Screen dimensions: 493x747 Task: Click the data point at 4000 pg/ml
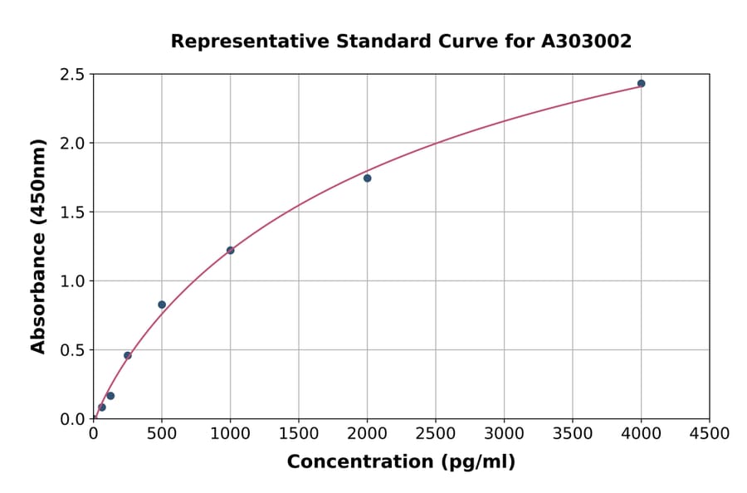(641, 84)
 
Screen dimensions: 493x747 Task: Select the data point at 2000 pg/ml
(367, 178)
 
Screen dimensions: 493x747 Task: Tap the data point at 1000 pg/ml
(230, 251)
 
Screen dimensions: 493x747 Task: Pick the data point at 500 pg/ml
(162, 305)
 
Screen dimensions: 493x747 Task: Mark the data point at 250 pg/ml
(128, 355)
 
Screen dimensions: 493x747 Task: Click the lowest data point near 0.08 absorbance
(102, 408)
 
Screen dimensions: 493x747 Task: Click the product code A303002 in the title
(587, 41)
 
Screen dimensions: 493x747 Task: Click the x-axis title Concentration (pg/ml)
(401, 462)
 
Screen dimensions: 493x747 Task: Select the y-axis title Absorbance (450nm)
(38, 247)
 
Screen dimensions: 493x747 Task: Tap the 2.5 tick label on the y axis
(72, 75)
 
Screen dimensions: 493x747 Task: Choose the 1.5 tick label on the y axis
(72, 212)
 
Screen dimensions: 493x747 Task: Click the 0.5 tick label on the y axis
(72, 350)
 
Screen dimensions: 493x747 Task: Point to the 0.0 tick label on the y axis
(72, 419)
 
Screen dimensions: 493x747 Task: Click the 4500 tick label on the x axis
(710, 434)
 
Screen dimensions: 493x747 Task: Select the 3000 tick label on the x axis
(504, 434)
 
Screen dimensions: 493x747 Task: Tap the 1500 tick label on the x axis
(299, 434)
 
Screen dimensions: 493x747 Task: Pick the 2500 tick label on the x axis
(436, 434)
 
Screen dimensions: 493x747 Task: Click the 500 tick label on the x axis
(162, 434)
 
